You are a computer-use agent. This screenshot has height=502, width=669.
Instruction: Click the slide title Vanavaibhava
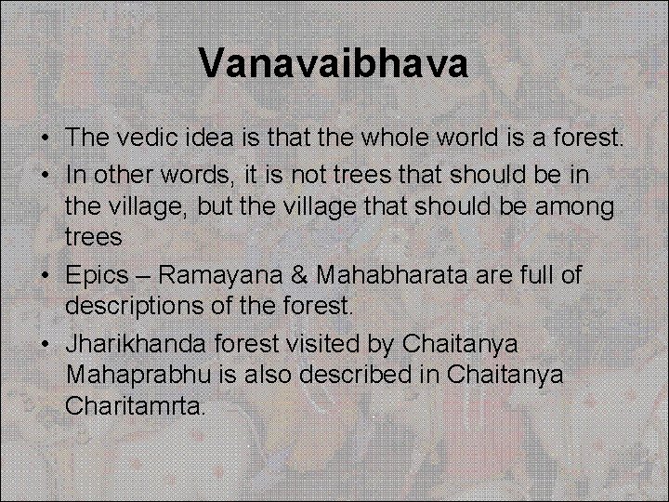pyautogui.click(x=334, y=64)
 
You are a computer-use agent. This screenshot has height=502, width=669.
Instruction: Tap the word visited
pyautogui.click(x=316, y=343)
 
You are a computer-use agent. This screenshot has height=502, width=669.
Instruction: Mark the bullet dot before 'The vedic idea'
pyautogui.click(x=45, y=139)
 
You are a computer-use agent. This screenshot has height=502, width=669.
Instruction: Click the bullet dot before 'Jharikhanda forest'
pyautogui.click(x=45, y=344)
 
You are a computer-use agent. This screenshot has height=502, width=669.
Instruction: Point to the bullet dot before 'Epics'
pyautogui.click(x=45, y=275)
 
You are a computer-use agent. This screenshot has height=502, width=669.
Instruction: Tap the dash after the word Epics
pyautogui.click(x=143, y=275)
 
